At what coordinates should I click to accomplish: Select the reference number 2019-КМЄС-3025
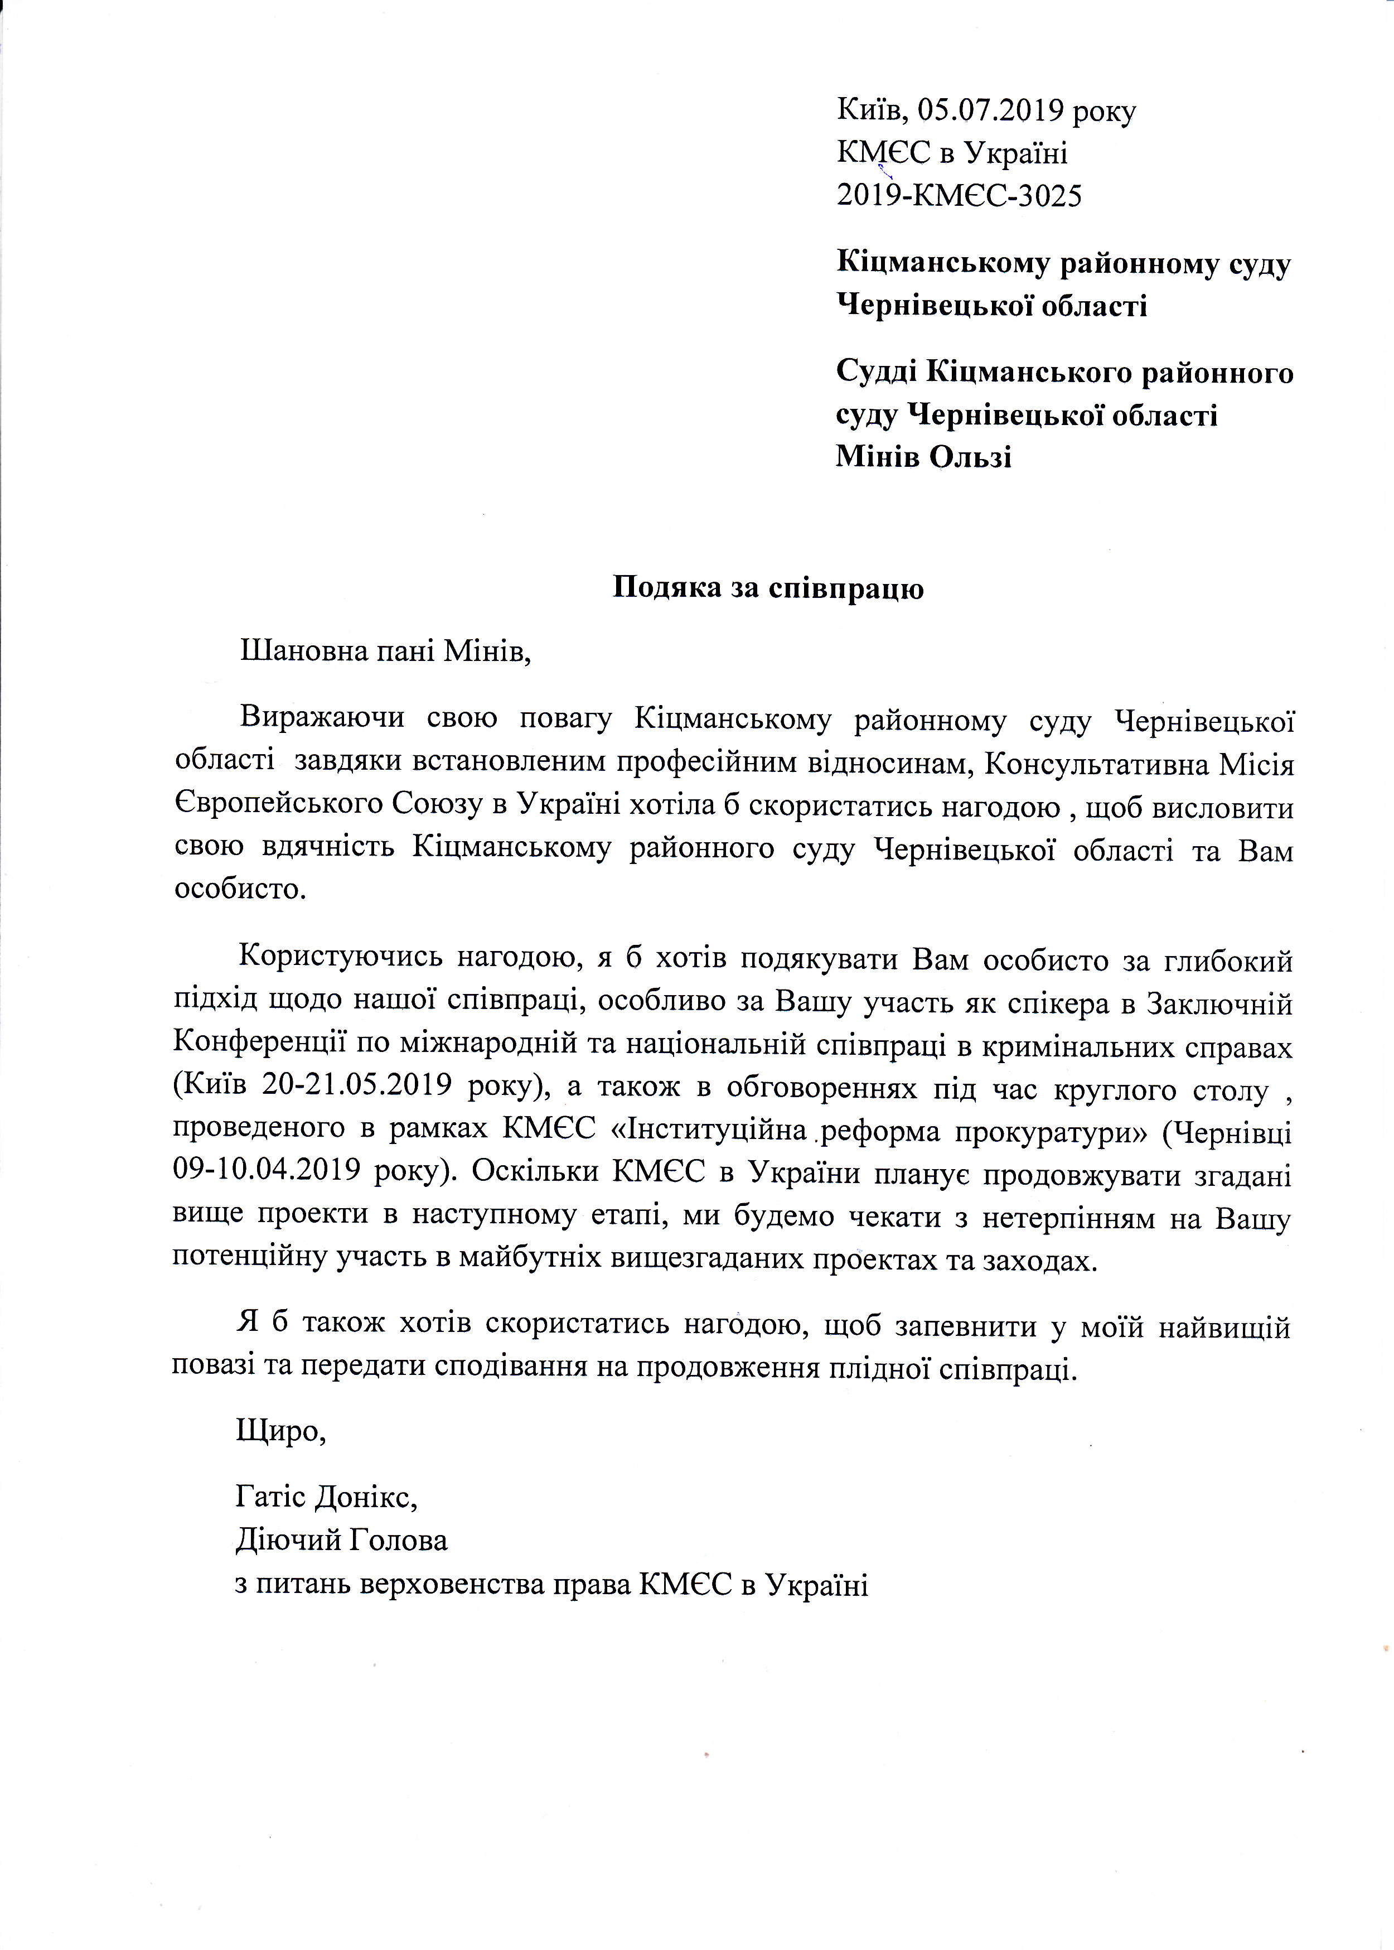959,197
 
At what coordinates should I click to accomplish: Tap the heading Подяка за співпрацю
767,588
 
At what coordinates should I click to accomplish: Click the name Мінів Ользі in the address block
923,456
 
